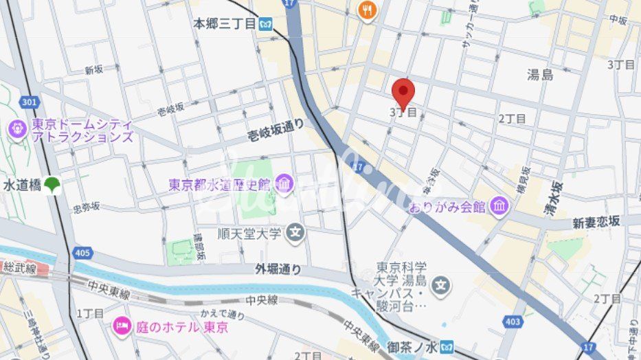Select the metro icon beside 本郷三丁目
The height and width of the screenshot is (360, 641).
click(266, 24)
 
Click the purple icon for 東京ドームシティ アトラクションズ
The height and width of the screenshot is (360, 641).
click(16, 128)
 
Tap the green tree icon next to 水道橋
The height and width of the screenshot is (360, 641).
click(52, 185)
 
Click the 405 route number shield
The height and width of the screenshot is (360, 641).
click(82, 254)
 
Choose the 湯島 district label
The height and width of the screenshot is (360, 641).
click(540, 75)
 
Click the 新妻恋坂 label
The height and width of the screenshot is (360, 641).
click(596, 221)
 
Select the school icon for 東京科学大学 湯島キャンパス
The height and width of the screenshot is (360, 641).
click(442, 284)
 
